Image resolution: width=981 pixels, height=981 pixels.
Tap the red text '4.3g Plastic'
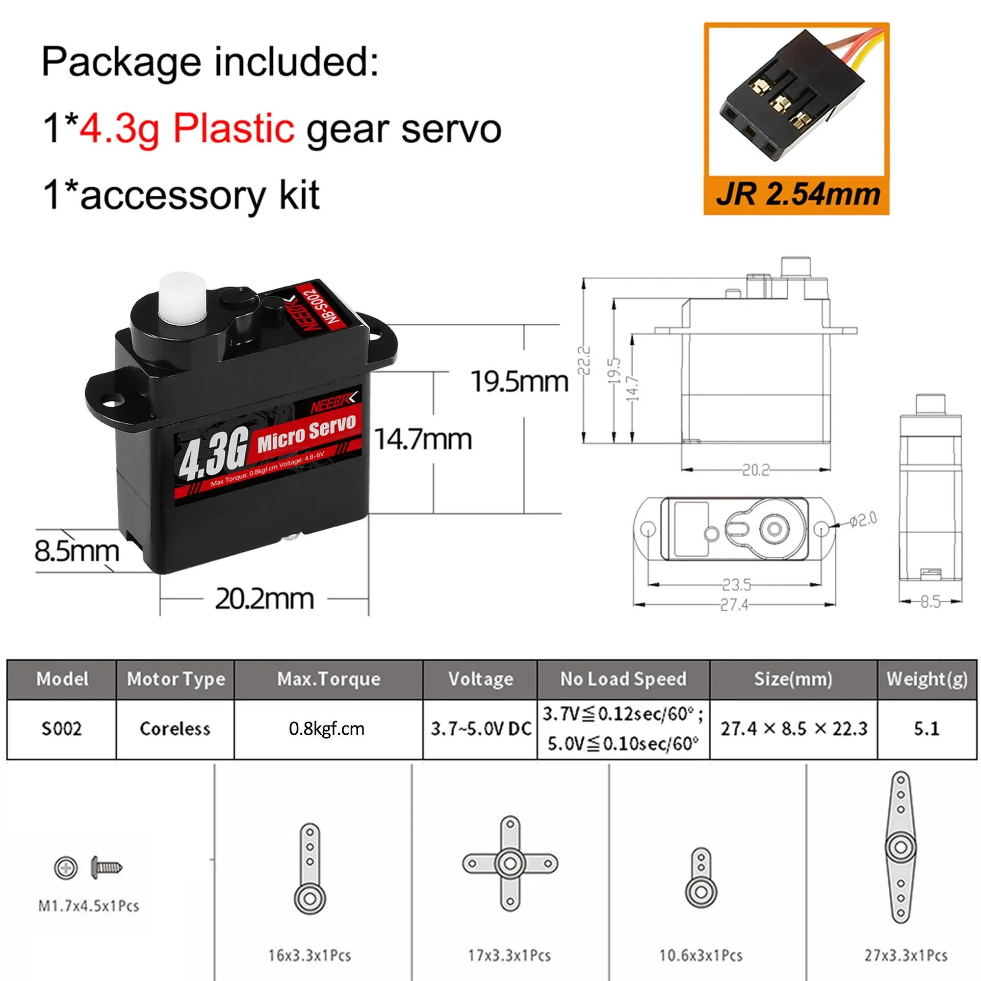click(x=187, y=128)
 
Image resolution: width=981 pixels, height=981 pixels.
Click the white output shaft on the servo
click(x=181, y=302)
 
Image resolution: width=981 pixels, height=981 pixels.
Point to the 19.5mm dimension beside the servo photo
click(x=519, y=381)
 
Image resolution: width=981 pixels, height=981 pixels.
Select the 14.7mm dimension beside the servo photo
click(x=423, y=439)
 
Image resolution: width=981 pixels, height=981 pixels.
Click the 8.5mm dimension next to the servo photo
click(x=77, y=551)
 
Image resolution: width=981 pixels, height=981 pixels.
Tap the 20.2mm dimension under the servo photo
click(x=264, y=599)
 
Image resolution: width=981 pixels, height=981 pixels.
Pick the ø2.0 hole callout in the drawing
click(x=863, y=519)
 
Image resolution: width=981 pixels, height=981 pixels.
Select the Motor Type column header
click(x=176, y=679)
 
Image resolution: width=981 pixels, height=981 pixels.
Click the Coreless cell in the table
click(x=175, y=729)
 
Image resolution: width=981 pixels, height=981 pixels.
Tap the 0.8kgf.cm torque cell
click(x=327, y=729)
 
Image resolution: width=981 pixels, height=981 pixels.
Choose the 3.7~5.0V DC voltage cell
click(x=480, y=729)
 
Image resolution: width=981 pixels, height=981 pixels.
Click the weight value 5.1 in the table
click(x=927, y=729)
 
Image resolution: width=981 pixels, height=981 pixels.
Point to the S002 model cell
click(x=61, y=729)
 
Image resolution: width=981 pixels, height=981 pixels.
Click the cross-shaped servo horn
click(x=510, y=863)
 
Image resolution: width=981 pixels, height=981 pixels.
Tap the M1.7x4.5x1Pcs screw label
click(x=88, y=906)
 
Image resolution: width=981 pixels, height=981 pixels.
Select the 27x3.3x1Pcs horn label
click(x=906, y=955)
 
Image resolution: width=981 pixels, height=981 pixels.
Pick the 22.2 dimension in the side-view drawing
click(x=585, y=361)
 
